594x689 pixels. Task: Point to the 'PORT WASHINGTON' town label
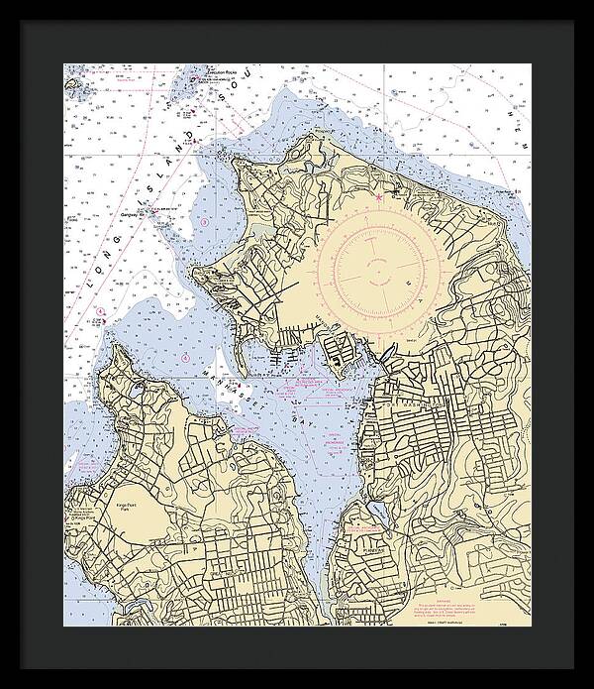407,406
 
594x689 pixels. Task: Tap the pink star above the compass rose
378,197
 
